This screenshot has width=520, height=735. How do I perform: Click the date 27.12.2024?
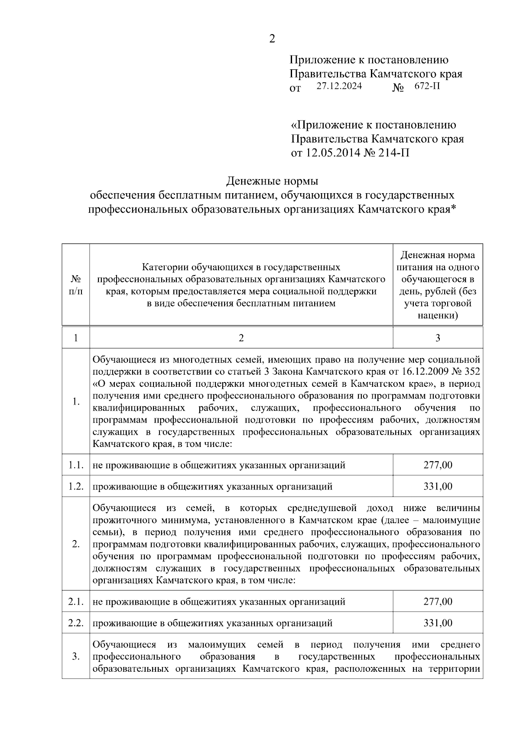pyautogui.click(x=339, y=86)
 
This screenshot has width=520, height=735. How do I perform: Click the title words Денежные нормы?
pyautogui.click(x=273, y=180)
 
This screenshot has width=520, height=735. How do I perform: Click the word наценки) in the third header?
pyautogui.click(x=438, y=315)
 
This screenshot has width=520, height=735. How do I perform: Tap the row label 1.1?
pyautogui.click(x=76, y=465)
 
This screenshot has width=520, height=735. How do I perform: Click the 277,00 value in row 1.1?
pyautogui.click(x=438, y=465)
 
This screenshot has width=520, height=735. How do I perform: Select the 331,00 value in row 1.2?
pyautogui.click(x=438, y=486)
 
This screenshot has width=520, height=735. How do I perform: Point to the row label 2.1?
pyautogui.click(x=76, y=602)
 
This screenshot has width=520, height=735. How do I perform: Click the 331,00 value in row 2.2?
pyautogui.click(x=438, y=623)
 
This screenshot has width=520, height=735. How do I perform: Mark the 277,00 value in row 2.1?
pyautogui.click(x=438, y=602)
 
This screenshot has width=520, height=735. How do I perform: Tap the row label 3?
pyautogui.click(x=76, y=657)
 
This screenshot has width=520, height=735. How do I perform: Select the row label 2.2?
pyautogui.click(x=76, y=623)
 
